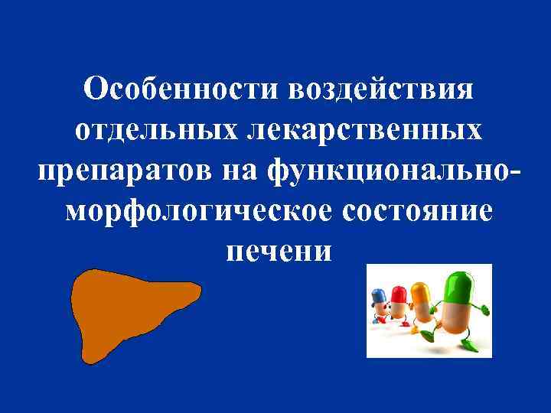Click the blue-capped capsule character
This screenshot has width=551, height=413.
pyautogui.click(x=378, y=301)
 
